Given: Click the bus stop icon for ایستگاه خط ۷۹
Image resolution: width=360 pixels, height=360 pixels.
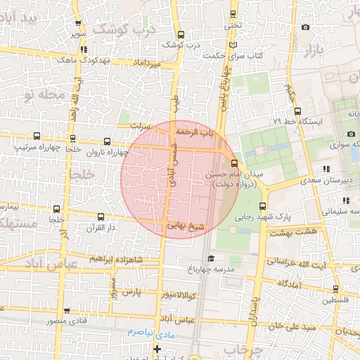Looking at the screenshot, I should pos(298,111).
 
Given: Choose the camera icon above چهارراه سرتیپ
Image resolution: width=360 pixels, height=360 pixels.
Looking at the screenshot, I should pos(36,134).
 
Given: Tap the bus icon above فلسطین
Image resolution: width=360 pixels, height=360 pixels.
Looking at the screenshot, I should pos(335,288).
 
